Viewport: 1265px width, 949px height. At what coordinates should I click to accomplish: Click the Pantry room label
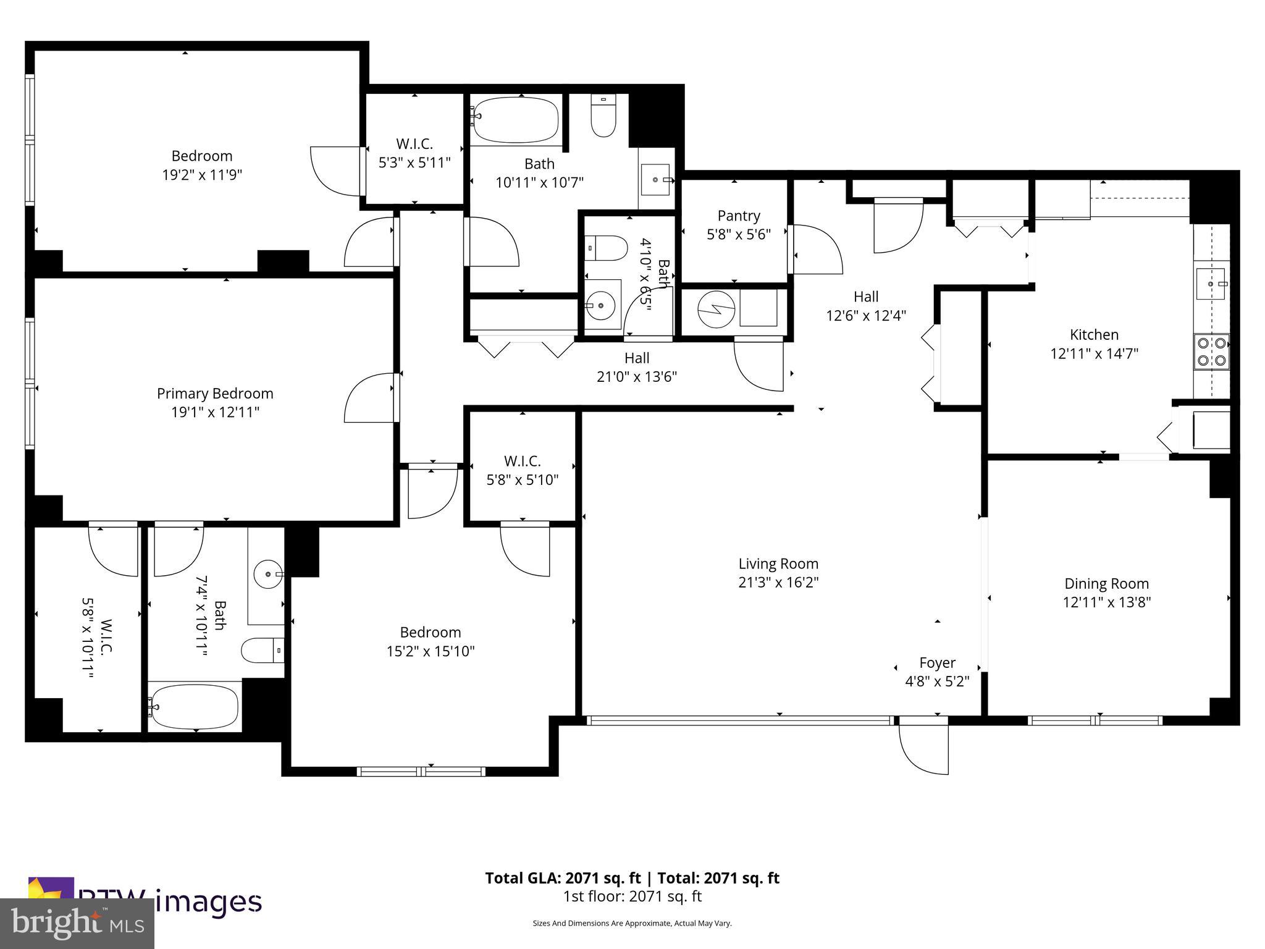738,216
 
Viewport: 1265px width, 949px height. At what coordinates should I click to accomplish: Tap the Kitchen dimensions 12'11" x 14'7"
1094,354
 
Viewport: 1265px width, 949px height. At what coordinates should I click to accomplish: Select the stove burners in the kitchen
1211,352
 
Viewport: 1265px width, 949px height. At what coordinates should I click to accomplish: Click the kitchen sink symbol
1211,284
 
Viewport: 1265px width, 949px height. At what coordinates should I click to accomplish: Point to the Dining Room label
1106,583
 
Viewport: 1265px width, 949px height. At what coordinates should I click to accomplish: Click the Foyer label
937,663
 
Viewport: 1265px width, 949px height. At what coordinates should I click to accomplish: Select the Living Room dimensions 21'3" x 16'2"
778,582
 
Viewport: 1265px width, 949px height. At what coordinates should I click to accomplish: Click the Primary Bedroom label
215,394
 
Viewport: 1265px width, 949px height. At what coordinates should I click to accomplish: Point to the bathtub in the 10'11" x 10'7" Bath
516,119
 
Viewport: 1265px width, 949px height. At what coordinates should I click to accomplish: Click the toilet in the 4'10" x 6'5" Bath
606,248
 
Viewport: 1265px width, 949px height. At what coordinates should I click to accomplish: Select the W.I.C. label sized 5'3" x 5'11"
414,144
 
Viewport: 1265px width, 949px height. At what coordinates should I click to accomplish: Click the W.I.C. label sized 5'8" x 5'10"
522,461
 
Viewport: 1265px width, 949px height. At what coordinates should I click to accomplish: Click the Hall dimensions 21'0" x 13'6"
637,377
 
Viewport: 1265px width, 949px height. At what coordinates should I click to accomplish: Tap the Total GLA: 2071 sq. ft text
565,878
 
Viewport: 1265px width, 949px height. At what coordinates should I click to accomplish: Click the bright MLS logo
77,923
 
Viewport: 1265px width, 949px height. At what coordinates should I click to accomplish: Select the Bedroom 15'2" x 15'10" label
430,633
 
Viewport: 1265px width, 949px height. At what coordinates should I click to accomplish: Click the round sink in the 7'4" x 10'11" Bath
268,575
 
